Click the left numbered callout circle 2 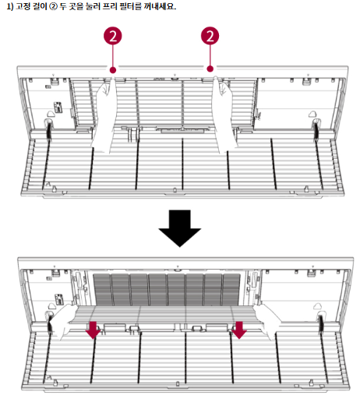[x=112, y=36]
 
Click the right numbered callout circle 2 [x=210, y=36]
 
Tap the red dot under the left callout [x=113, y=70]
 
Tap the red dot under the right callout [x=210, y=69]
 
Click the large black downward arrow [x=180, y=228]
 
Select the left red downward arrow [x=93, y=330]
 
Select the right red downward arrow [x=239, y=330]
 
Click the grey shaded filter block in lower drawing [x=167, y=289]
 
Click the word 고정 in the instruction [x=23, y=6]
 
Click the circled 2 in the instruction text [x=53, y=6]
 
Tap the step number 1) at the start [x=10, y=6]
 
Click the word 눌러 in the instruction [x=93, y=6]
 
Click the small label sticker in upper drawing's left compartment [x=58, y=108]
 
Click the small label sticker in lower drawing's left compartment [x=58, y=299]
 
